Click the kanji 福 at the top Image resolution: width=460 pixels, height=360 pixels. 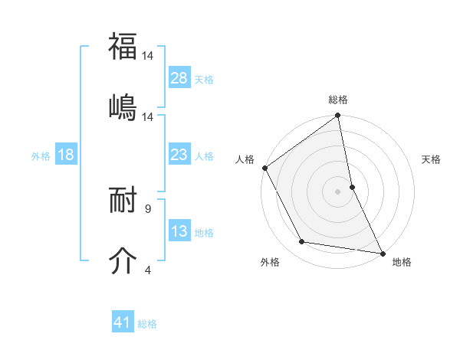pos(123,47)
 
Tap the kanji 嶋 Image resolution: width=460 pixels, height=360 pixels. pos(123,108)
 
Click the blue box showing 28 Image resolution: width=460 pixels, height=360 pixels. pos(179,78)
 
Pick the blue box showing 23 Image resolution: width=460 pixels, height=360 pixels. pos(179,155)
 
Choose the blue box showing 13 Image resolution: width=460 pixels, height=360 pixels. pos(179,231)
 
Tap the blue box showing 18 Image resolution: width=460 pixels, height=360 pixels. pos(66,155)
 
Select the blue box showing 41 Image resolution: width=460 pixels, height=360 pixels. pos(123,322)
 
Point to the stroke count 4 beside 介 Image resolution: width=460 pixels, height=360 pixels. pos(148,270)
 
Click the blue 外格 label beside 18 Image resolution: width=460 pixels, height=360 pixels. pos(41,156)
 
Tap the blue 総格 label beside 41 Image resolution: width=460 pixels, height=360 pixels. pos(147,324)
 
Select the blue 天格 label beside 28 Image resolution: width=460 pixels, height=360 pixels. pos(204,80)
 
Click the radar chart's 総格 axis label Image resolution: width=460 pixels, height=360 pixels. pos(338,100)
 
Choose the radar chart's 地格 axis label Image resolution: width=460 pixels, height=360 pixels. pos(402,262)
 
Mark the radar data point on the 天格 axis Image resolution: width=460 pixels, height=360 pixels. pos(352,187)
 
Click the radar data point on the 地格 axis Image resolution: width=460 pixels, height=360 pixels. pos(382,252)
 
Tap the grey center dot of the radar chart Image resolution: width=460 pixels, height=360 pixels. pos(338,191)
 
